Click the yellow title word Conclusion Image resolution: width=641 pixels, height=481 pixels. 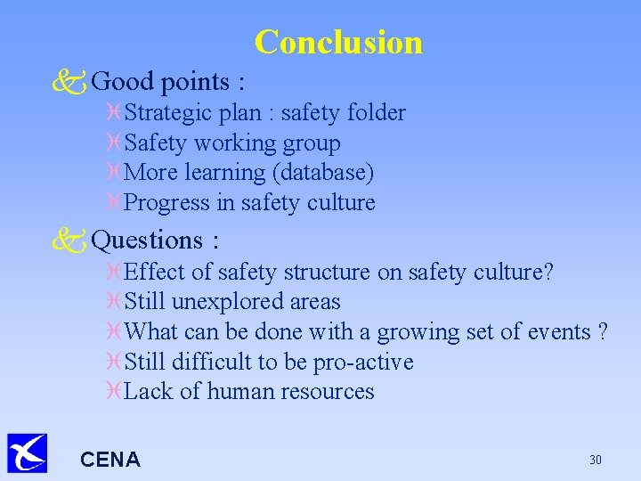(x=338, y=42)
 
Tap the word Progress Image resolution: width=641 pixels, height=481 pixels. (x=167, y=203)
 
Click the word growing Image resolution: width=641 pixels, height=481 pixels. (x=416, y=332)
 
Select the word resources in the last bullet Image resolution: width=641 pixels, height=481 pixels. (x=325, y=392)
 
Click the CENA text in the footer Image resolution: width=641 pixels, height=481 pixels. (x=110, y=460)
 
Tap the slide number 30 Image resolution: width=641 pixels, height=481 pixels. (x=596, y=460)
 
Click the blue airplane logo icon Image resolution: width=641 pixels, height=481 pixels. (x=27, y=453)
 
